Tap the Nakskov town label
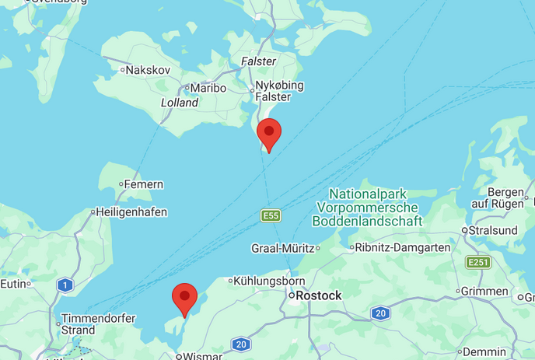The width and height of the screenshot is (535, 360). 148,70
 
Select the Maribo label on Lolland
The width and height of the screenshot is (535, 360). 208,88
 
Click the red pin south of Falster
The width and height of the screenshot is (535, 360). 269,134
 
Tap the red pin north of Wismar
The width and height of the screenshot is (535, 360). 184,299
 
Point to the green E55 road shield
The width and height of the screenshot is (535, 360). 270,215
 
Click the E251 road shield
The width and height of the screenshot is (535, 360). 478,262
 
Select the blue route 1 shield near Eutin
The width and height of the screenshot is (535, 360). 65,285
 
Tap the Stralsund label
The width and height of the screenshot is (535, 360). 492,230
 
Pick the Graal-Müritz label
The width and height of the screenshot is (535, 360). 282,248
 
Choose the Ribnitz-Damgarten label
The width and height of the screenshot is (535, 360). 402,248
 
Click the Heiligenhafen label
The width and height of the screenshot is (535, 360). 131,211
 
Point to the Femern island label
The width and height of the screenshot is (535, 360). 145,184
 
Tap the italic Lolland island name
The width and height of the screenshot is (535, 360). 180,103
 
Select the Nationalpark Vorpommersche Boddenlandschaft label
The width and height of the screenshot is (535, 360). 367,208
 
